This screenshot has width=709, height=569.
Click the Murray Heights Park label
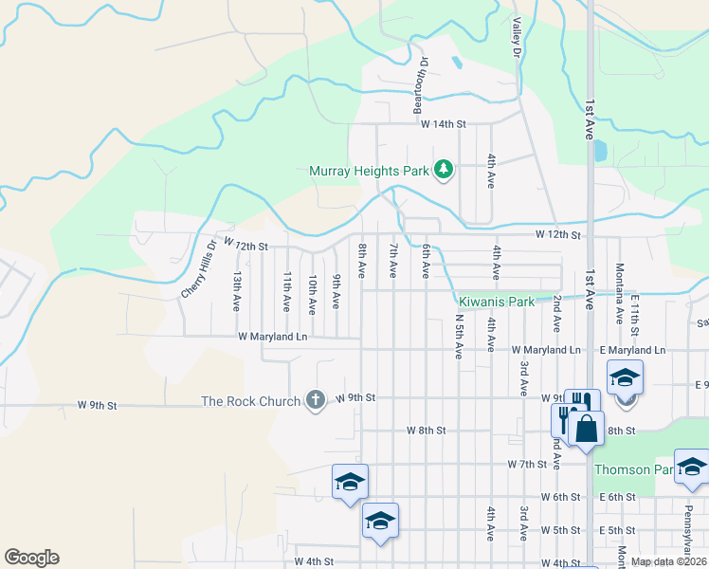point(370,172)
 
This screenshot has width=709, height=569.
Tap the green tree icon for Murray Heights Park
point(443,171)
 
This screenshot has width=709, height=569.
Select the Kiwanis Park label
point(497,303)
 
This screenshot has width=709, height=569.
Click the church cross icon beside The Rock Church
point(316,400)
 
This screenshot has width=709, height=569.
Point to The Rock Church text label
point(250,401)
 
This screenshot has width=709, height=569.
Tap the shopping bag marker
point(587,429)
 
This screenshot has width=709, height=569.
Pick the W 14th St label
point(445,124)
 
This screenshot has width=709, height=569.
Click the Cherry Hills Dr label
point(200,267)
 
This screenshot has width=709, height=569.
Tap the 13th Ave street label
point(237,292)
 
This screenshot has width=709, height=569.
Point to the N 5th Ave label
point(459,334)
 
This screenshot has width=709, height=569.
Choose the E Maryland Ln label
point(632,350)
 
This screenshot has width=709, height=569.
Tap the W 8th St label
point(426,430)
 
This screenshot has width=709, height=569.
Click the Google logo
point(31,558)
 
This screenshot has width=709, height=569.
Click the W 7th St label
point(528,464)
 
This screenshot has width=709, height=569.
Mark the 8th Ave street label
point(362,261)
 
